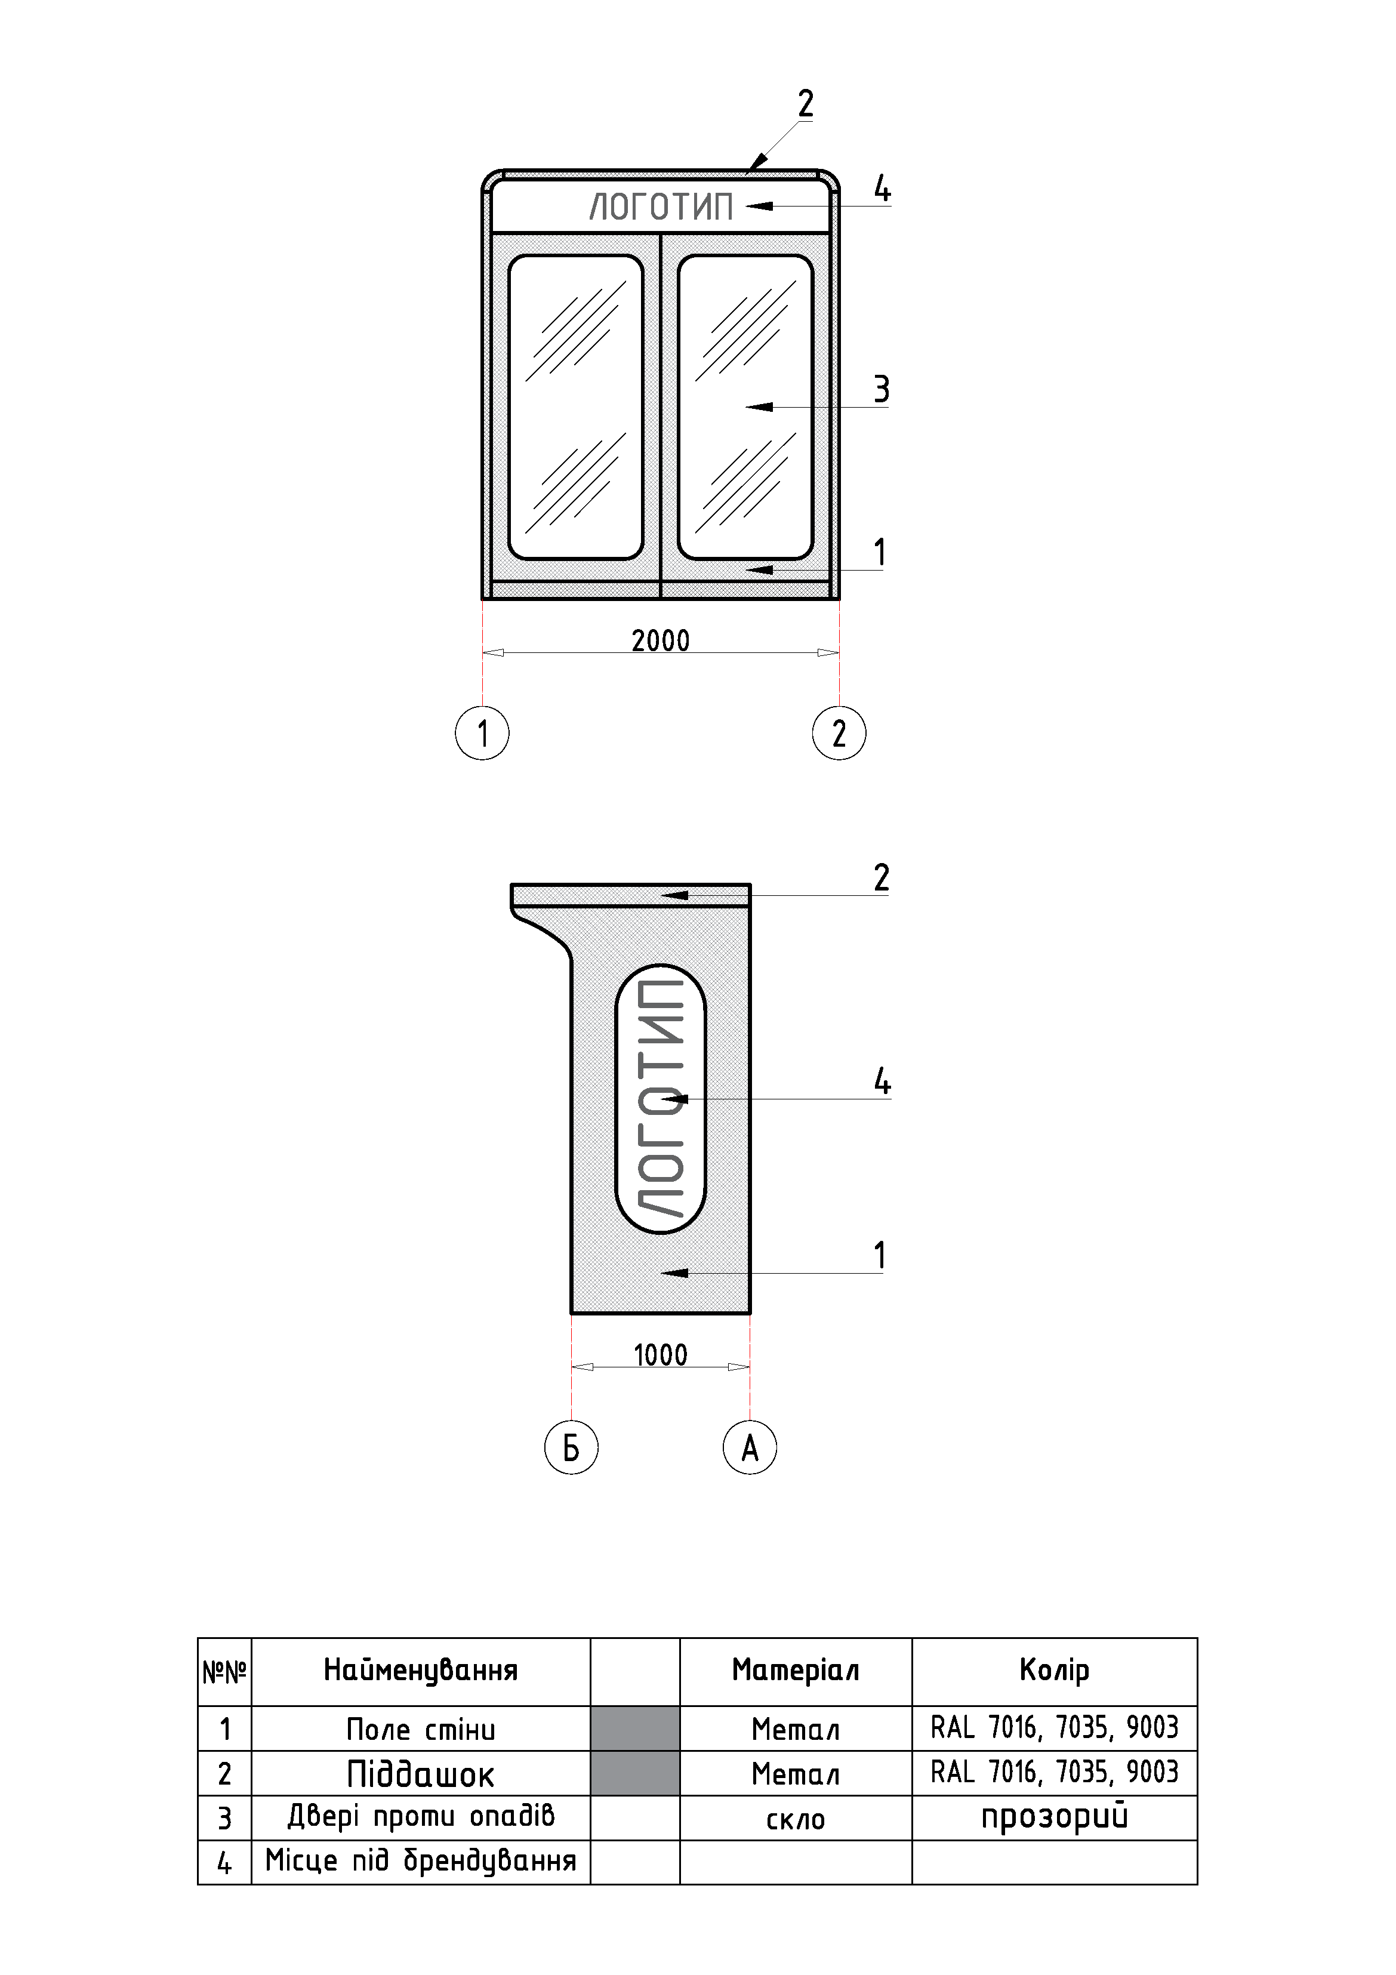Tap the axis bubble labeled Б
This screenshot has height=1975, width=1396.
(x=571, y=1448)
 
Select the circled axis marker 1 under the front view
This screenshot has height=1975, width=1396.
(x=482, y=733)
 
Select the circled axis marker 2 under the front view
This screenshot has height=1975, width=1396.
(x=839, y=733)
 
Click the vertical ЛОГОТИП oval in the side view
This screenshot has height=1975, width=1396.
(x=661, y=1098)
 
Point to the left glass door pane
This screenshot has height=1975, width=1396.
(x=575, y=407)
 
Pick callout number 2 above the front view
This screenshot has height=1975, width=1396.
(x=805, y=104)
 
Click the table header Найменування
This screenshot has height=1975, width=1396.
(x=421, y=1671)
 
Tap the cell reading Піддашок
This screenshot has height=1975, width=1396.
(x=421, y=1774)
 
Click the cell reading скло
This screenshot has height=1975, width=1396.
(x=795, y=1819)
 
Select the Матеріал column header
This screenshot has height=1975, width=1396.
(x=795, y=1671)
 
